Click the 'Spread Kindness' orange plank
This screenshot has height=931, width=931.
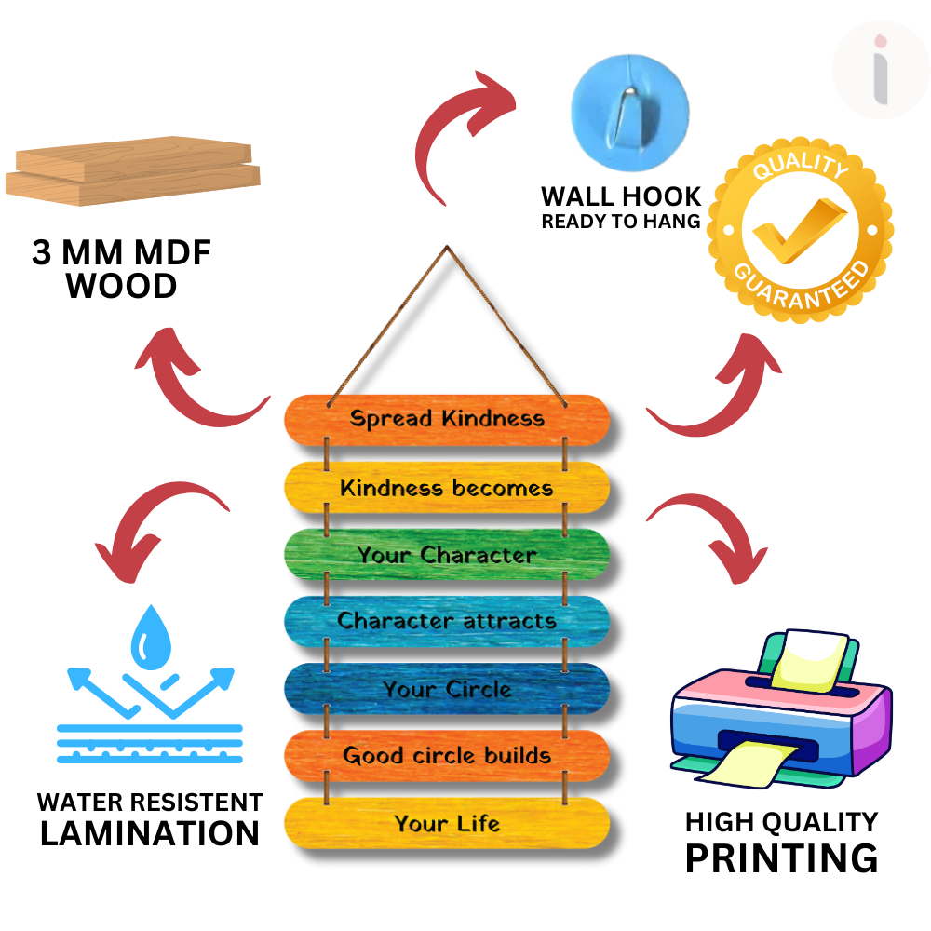coord(447,418)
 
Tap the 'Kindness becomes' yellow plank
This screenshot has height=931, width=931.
coord(447,488)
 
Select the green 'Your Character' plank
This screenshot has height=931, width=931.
coord(447,555)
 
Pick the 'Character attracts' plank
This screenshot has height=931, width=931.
coord(447,621)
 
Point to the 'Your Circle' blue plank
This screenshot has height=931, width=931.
coord(447,690)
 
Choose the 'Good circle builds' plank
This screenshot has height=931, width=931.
coord(447,755)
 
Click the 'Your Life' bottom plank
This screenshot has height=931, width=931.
coord(447,824)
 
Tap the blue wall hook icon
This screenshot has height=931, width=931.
coord(629,104)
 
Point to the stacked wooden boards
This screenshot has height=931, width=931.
coord(133,169)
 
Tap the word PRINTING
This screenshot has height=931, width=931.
coord(781,857)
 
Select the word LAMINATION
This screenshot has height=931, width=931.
coord(150,833)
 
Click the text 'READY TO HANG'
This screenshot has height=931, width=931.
coord(621,222)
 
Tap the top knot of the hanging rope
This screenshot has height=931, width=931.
coord(448,249)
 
